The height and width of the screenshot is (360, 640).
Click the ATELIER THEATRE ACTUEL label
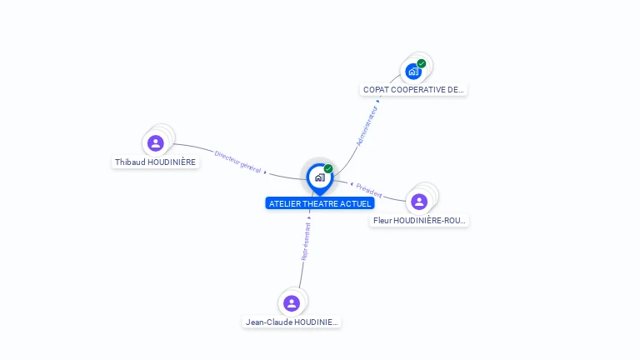(319, 203)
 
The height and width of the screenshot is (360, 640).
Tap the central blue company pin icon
(319, 177)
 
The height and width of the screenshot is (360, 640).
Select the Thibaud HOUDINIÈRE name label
(157, 162)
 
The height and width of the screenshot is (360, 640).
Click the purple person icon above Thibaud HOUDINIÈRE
(155, 143)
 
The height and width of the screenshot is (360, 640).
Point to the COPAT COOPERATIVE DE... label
(413, 89)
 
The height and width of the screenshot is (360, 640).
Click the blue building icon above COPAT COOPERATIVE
(412, 71)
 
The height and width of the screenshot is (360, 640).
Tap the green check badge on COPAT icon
(422, 63)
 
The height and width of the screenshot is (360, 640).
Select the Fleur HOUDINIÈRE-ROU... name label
(419, 220)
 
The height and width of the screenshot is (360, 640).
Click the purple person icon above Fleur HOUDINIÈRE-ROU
(419, 201)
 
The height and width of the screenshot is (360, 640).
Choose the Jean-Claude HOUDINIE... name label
(292, 322)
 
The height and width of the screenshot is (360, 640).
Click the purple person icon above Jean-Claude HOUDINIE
(291, 302)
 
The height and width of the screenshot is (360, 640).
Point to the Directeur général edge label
(238, 162)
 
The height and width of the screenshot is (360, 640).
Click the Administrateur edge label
(367, 126)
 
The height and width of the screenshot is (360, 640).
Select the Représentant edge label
(306, 242)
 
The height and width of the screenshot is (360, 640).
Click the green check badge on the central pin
(328, 168)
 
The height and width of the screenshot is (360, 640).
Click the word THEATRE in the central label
(321, 203)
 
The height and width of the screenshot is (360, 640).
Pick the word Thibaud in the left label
(129, 162)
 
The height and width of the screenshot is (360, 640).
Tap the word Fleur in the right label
(382, 220)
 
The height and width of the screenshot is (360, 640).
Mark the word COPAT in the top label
(376, 89)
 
